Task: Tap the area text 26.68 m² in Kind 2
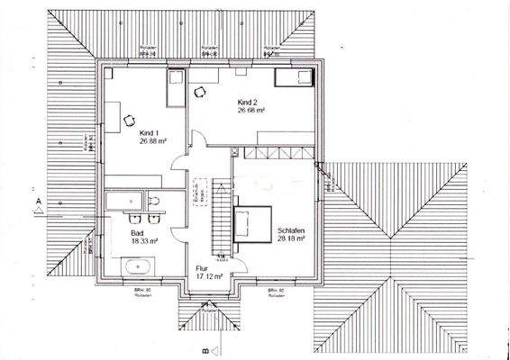click(250, 111)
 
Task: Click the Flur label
click(202, 268)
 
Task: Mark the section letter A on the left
click(39, 194)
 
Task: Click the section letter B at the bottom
click(205, 346)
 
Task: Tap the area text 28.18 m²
click(290, 240)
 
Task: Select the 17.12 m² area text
click(208, 276)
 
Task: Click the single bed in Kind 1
click(174, 90)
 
